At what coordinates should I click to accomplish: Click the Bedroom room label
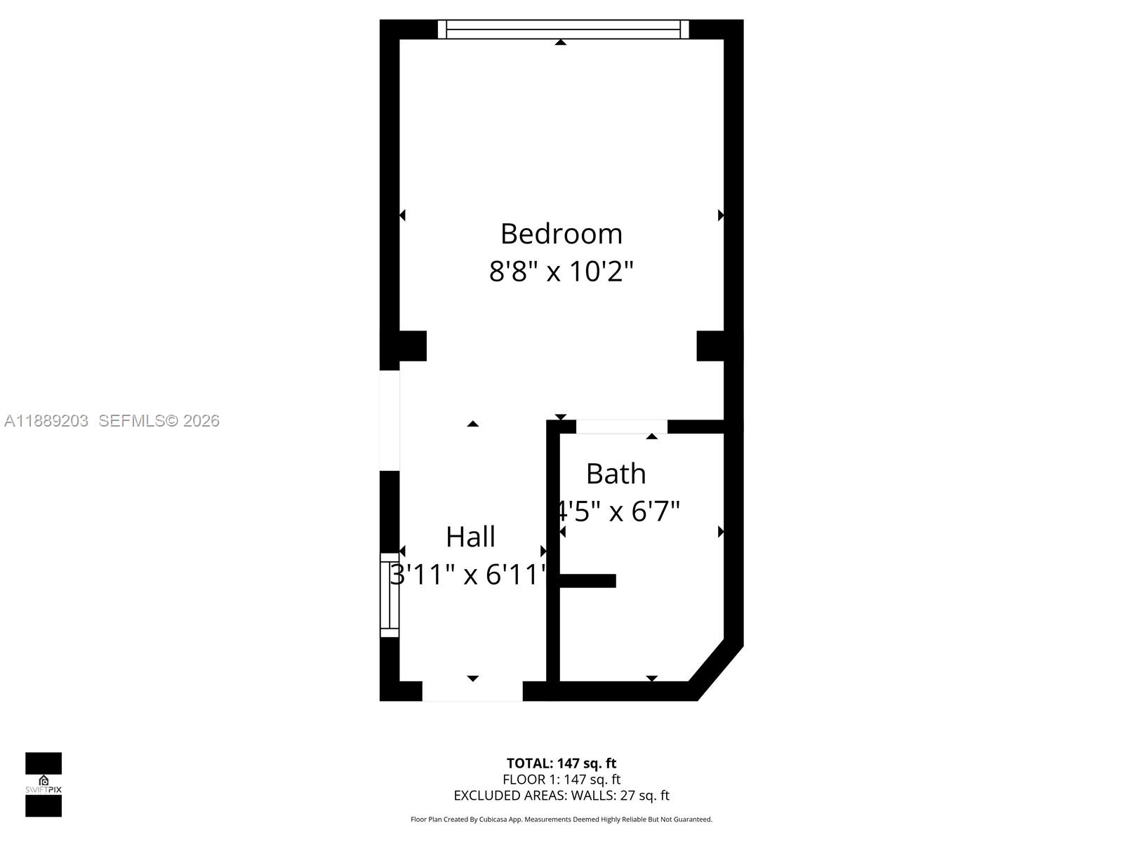561,234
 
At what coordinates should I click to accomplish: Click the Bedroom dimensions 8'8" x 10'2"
561,271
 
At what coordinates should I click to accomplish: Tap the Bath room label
616,474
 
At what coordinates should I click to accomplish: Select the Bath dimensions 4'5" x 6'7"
618,511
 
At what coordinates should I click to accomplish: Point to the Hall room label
470,537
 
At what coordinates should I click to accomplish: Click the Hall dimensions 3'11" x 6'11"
469,574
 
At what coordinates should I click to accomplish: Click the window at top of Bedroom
563,29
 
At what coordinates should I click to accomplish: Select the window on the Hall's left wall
390,595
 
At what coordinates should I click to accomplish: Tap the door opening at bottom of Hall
472,691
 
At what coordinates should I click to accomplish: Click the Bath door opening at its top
621,427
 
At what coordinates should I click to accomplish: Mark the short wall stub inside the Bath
588,580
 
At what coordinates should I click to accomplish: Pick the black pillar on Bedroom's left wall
404,346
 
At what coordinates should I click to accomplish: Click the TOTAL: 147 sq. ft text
561,763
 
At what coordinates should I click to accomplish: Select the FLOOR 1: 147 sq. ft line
561,779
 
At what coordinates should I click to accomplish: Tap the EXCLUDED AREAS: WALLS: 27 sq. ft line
561,795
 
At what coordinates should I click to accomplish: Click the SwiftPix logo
44,784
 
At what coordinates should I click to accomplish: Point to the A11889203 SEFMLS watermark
112,420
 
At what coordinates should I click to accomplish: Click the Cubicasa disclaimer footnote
561,819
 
